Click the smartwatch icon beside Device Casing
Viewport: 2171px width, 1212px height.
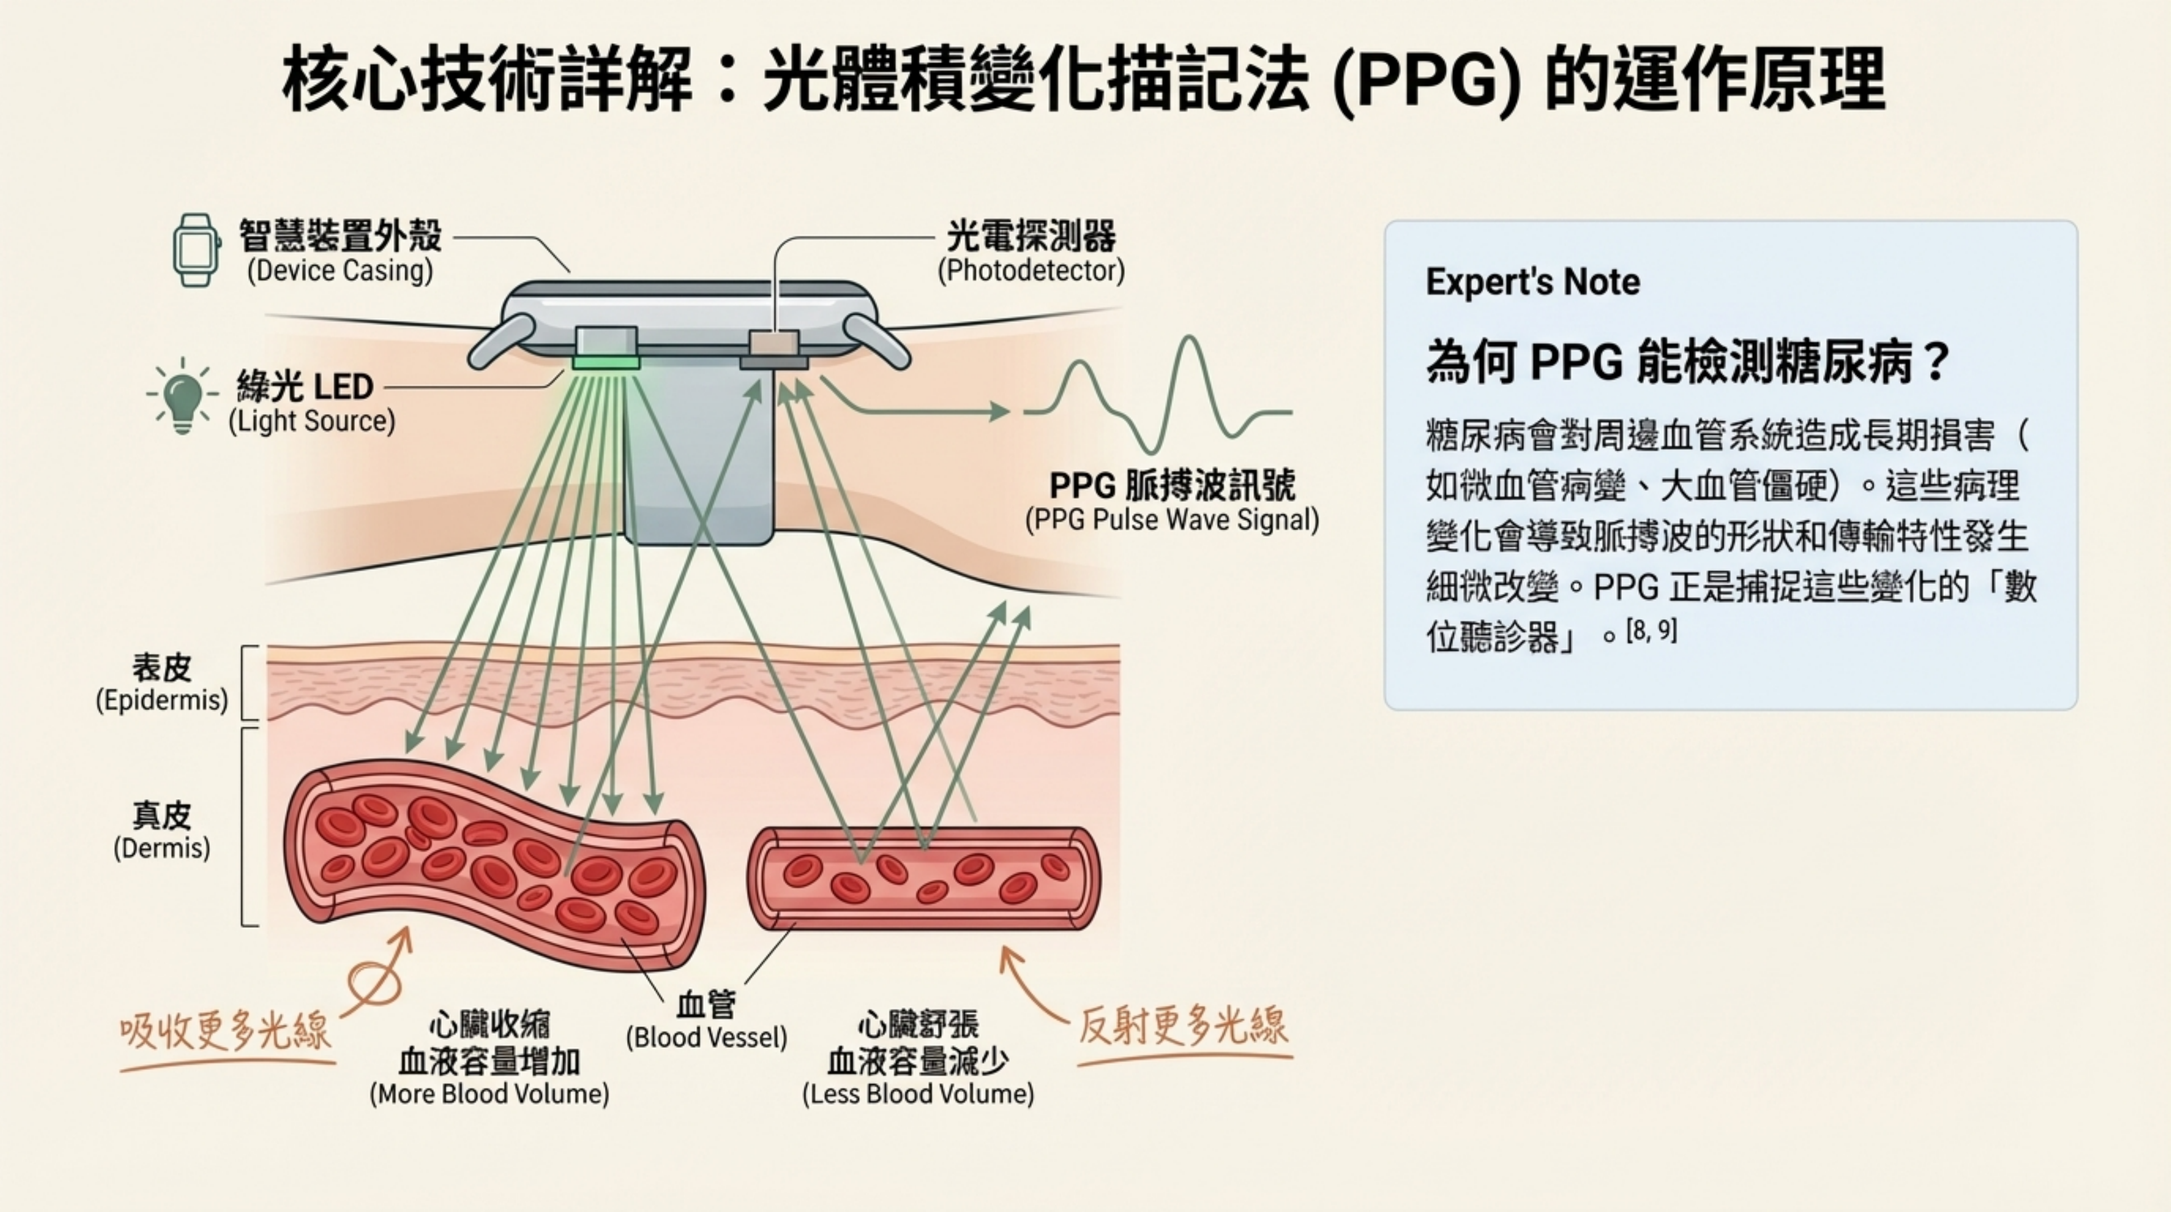point(195,250)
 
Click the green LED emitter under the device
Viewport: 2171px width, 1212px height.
point(606,362)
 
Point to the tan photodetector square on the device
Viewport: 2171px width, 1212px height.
point(773,344)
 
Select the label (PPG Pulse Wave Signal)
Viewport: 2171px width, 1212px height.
point(1172,519)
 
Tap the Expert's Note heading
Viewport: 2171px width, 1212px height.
point(1532,282)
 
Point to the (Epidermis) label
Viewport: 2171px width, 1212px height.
point(162,700)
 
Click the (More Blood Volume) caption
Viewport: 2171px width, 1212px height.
point(489,1093)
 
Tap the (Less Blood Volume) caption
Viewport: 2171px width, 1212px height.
point(917,1093)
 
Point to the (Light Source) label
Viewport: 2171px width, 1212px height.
point(311,421)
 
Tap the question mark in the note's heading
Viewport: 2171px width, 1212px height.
point(1936,362)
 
